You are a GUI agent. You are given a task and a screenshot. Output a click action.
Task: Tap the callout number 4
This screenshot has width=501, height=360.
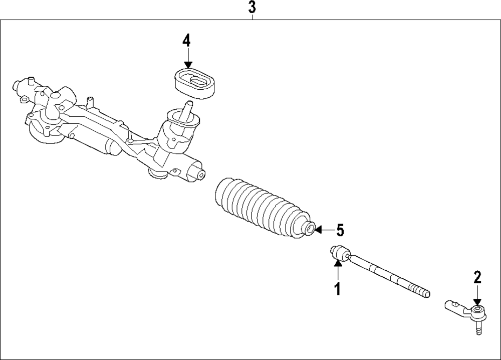coord(186,41)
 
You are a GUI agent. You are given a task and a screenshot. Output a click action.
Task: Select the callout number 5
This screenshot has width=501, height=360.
coord(340,231)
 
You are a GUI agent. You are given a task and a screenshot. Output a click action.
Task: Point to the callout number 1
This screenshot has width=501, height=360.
coord(338,288)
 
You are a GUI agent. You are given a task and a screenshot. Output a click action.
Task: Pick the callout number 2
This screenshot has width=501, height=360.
coord(477,276)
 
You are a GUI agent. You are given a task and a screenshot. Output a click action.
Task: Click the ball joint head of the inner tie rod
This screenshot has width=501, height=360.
coord(339,253)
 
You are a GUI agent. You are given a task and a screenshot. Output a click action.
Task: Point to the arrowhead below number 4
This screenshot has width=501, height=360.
coord(187,65)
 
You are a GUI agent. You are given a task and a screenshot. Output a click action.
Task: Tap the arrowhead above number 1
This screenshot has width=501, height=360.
coord(338,264)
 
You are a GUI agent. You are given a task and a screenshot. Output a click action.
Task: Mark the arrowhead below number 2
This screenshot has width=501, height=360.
coord(477,300)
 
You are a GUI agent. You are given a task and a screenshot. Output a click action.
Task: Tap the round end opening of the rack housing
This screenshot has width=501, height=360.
coord(200,175)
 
